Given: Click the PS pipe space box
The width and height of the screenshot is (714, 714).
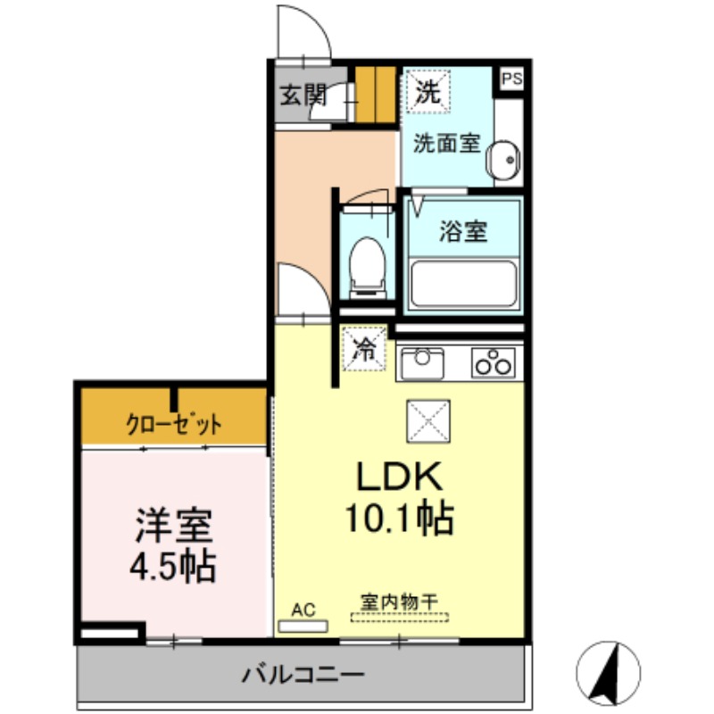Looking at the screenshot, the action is [511, 79].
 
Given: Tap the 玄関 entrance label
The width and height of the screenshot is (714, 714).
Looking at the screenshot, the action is [303, 95].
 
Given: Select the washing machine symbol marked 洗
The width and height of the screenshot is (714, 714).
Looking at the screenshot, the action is [428, 91].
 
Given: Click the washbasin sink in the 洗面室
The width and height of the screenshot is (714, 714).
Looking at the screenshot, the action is [502, 160].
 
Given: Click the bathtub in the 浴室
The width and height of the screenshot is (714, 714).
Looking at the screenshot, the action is [463, 284].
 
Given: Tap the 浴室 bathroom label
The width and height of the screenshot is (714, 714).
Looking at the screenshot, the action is [463, 231].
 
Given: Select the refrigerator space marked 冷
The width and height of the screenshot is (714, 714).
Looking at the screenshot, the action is [365, 349].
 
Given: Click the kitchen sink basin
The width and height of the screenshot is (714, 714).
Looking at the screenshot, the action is [422, 363].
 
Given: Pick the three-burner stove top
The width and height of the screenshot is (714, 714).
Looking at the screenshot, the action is [494, 362].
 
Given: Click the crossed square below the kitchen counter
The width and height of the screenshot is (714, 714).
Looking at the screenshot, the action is [428, 421].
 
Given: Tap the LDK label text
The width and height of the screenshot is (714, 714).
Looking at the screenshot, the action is [399, 477].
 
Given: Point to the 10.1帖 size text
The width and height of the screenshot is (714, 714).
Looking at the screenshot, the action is [399, 518].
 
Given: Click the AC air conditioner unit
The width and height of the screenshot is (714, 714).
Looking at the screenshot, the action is [303, 627].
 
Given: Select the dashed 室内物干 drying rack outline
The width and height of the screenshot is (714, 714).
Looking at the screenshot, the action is [399, 618].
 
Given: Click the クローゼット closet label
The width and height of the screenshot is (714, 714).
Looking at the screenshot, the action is [173, 424].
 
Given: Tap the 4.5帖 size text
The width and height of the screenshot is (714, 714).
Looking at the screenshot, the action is [173, 567].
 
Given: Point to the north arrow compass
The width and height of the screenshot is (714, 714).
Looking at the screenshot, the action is [609, 673].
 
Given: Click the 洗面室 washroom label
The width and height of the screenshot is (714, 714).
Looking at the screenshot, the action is [447, 144].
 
